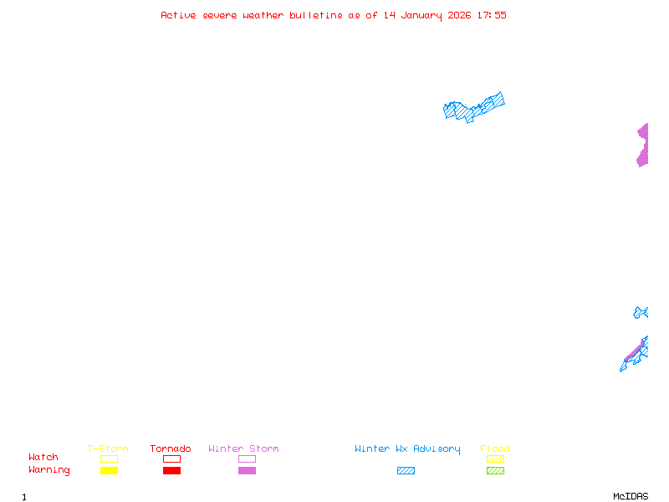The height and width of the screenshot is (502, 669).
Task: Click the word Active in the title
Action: [x=178, y=15]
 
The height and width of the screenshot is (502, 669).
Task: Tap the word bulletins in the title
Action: [x=316, y=15]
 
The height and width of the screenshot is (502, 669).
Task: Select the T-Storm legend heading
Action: [x=108, y=449]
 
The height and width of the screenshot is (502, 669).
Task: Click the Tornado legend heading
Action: [x=171, y=449]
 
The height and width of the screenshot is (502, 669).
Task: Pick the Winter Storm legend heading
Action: [x=243, y=449]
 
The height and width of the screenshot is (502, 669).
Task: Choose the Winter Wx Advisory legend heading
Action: [x=407, y=449]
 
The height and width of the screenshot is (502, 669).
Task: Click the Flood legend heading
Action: [x=495, y=449]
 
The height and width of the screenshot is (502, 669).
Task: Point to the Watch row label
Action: [x=43, y=458]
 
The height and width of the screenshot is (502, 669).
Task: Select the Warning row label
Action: [x=49, y=470]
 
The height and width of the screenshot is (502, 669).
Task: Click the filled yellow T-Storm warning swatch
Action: [x=109, y=471]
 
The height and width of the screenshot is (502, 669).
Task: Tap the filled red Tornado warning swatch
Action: [x=171, y=471]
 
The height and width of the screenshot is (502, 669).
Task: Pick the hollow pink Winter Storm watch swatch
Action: [x=247, y=459]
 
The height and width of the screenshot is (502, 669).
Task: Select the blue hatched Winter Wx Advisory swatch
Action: [x=406, y=471]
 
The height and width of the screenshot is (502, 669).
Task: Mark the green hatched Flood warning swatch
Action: [x=495, y=471]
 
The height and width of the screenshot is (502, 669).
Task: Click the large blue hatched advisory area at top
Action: [x=473, y=107]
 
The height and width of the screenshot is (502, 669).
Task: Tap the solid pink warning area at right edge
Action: [x=642, y=145]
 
